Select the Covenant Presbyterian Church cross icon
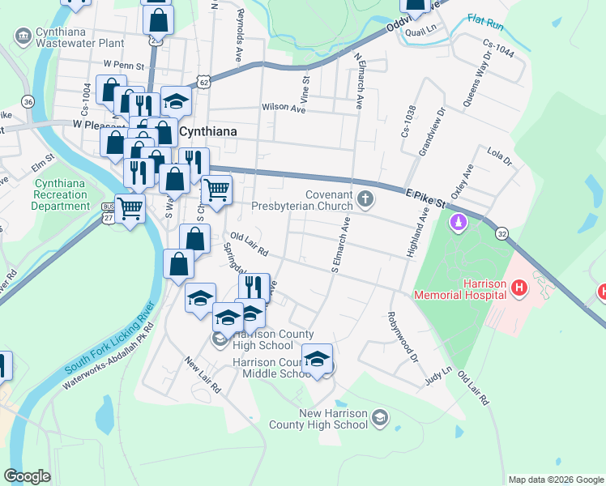(x=365, y=198)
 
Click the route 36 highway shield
(x=28, y=101)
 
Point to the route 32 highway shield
(x=502, y=233)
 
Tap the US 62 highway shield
(x=203, y=82)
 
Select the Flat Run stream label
(x=486, y=19)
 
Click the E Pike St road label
(x=425, y=197)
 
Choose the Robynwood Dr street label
(x=403, y=336)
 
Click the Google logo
(x=27, y=476)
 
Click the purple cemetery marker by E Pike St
(x=459, y=220)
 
